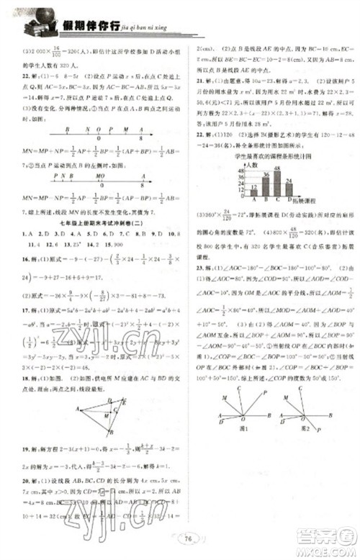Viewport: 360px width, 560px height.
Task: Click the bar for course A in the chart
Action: click(x=254, y=191)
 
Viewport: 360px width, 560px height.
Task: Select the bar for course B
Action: click(x=265, y=184)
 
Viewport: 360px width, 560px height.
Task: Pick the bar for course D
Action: click(x=288, y=189)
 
